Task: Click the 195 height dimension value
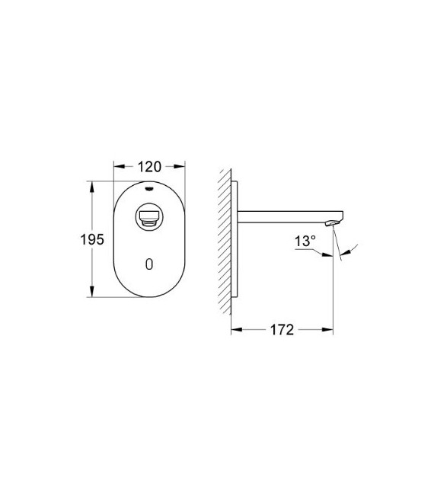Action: pos(92,239)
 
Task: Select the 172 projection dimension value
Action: pos(282,330)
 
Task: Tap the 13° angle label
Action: pos(305,241)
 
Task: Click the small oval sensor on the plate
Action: pos(149,264)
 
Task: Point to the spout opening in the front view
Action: pos(149,219)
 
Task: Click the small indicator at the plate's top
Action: pos(149,187)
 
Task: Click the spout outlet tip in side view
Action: pos(330,223)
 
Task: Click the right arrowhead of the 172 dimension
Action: pos(330,330)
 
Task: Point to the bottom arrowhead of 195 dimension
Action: pos(92,293)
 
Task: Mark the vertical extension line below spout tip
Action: pos(333,290)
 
